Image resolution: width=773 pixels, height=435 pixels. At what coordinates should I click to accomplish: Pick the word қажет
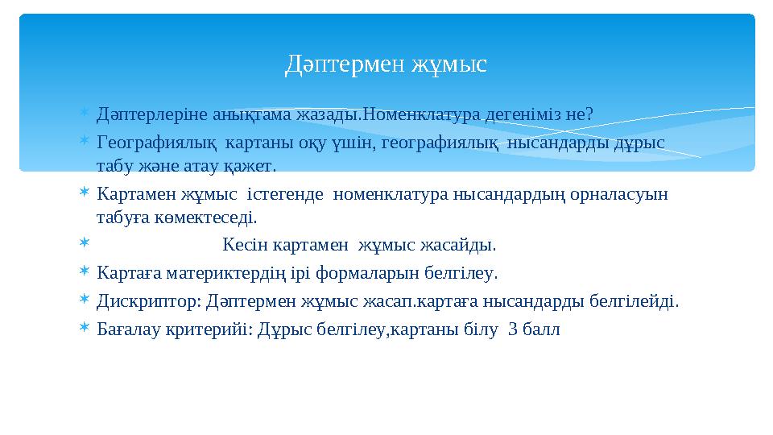251,166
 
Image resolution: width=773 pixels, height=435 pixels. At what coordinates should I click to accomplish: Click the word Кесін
246,244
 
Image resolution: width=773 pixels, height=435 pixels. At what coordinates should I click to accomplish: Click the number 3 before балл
513,329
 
